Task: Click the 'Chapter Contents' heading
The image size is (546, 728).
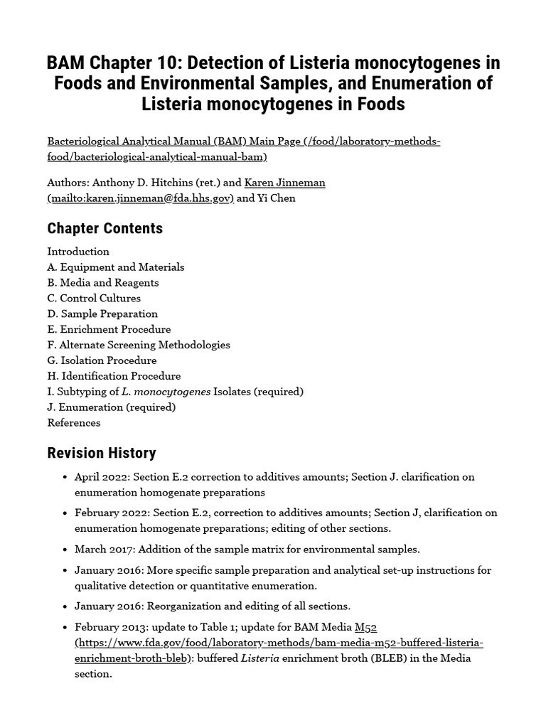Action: click(105, 228)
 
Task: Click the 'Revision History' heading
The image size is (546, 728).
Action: click(101, 453)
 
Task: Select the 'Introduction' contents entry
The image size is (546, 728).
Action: click(78, 252)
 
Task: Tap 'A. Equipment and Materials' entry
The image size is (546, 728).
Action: click(116, 267)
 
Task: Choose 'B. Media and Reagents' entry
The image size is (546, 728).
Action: click(103, 283)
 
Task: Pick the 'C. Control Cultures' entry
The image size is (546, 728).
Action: click(94, 299)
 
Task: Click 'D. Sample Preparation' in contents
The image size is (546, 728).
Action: click(102, 314)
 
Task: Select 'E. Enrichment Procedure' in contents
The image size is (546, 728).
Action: click(109, 330)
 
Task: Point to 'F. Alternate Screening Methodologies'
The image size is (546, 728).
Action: click(139, 346)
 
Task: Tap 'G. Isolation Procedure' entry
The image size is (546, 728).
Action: click(102, 361)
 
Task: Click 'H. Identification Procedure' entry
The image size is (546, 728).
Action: click(114, 376)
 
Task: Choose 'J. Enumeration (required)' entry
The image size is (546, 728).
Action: click(111, 407)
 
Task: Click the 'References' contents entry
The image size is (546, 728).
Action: click(74, 423)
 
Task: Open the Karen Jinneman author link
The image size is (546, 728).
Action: click(284, 183)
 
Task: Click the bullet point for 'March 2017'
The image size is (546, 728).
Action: click(65, 550)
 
